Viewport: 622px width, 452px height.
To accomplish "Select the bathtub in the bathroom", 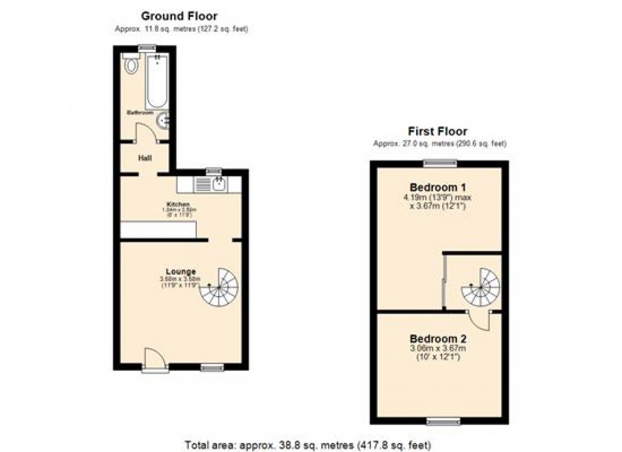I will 157,81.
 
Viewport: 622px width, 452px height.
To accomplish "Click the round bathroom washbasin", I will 163,121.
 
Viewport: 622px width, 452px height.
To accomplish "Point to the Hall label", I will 145,159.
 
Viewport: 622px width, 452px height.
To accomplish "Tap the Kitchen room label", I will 179,204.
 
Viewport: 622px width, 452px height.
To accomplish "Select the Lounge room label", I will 181,272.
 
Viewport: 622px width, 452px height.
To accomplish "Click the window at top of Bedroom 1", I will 440,162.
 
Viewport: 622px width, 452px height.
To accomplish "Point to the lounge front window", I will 211,367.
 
